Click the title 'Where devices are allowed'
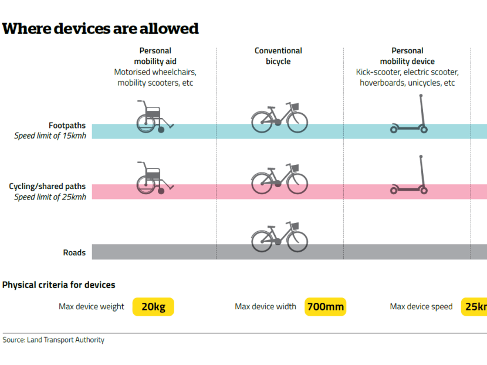point(100,28)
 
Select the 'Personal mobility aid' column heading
point(155,56)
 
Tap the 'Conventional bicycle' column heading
point(278,56)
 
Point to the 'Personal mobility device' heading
point(407,56)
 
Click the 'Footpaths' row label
point(67,125)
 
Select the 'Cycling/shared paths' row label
point(47,186)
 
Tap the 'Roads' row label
point(74,253)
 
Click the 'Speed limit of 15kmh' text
point(50,136)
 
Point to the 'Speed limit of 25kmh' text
point(50,197)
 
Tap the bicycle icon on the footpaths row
point(279,117)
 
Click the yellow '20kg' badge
point(153,307)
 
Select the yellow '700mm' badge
point(325,307)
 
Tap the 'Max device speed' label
point(421,307)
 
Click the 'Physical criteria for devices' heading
point(59,285)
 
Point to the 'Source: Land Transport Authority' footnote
point(53,340)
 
